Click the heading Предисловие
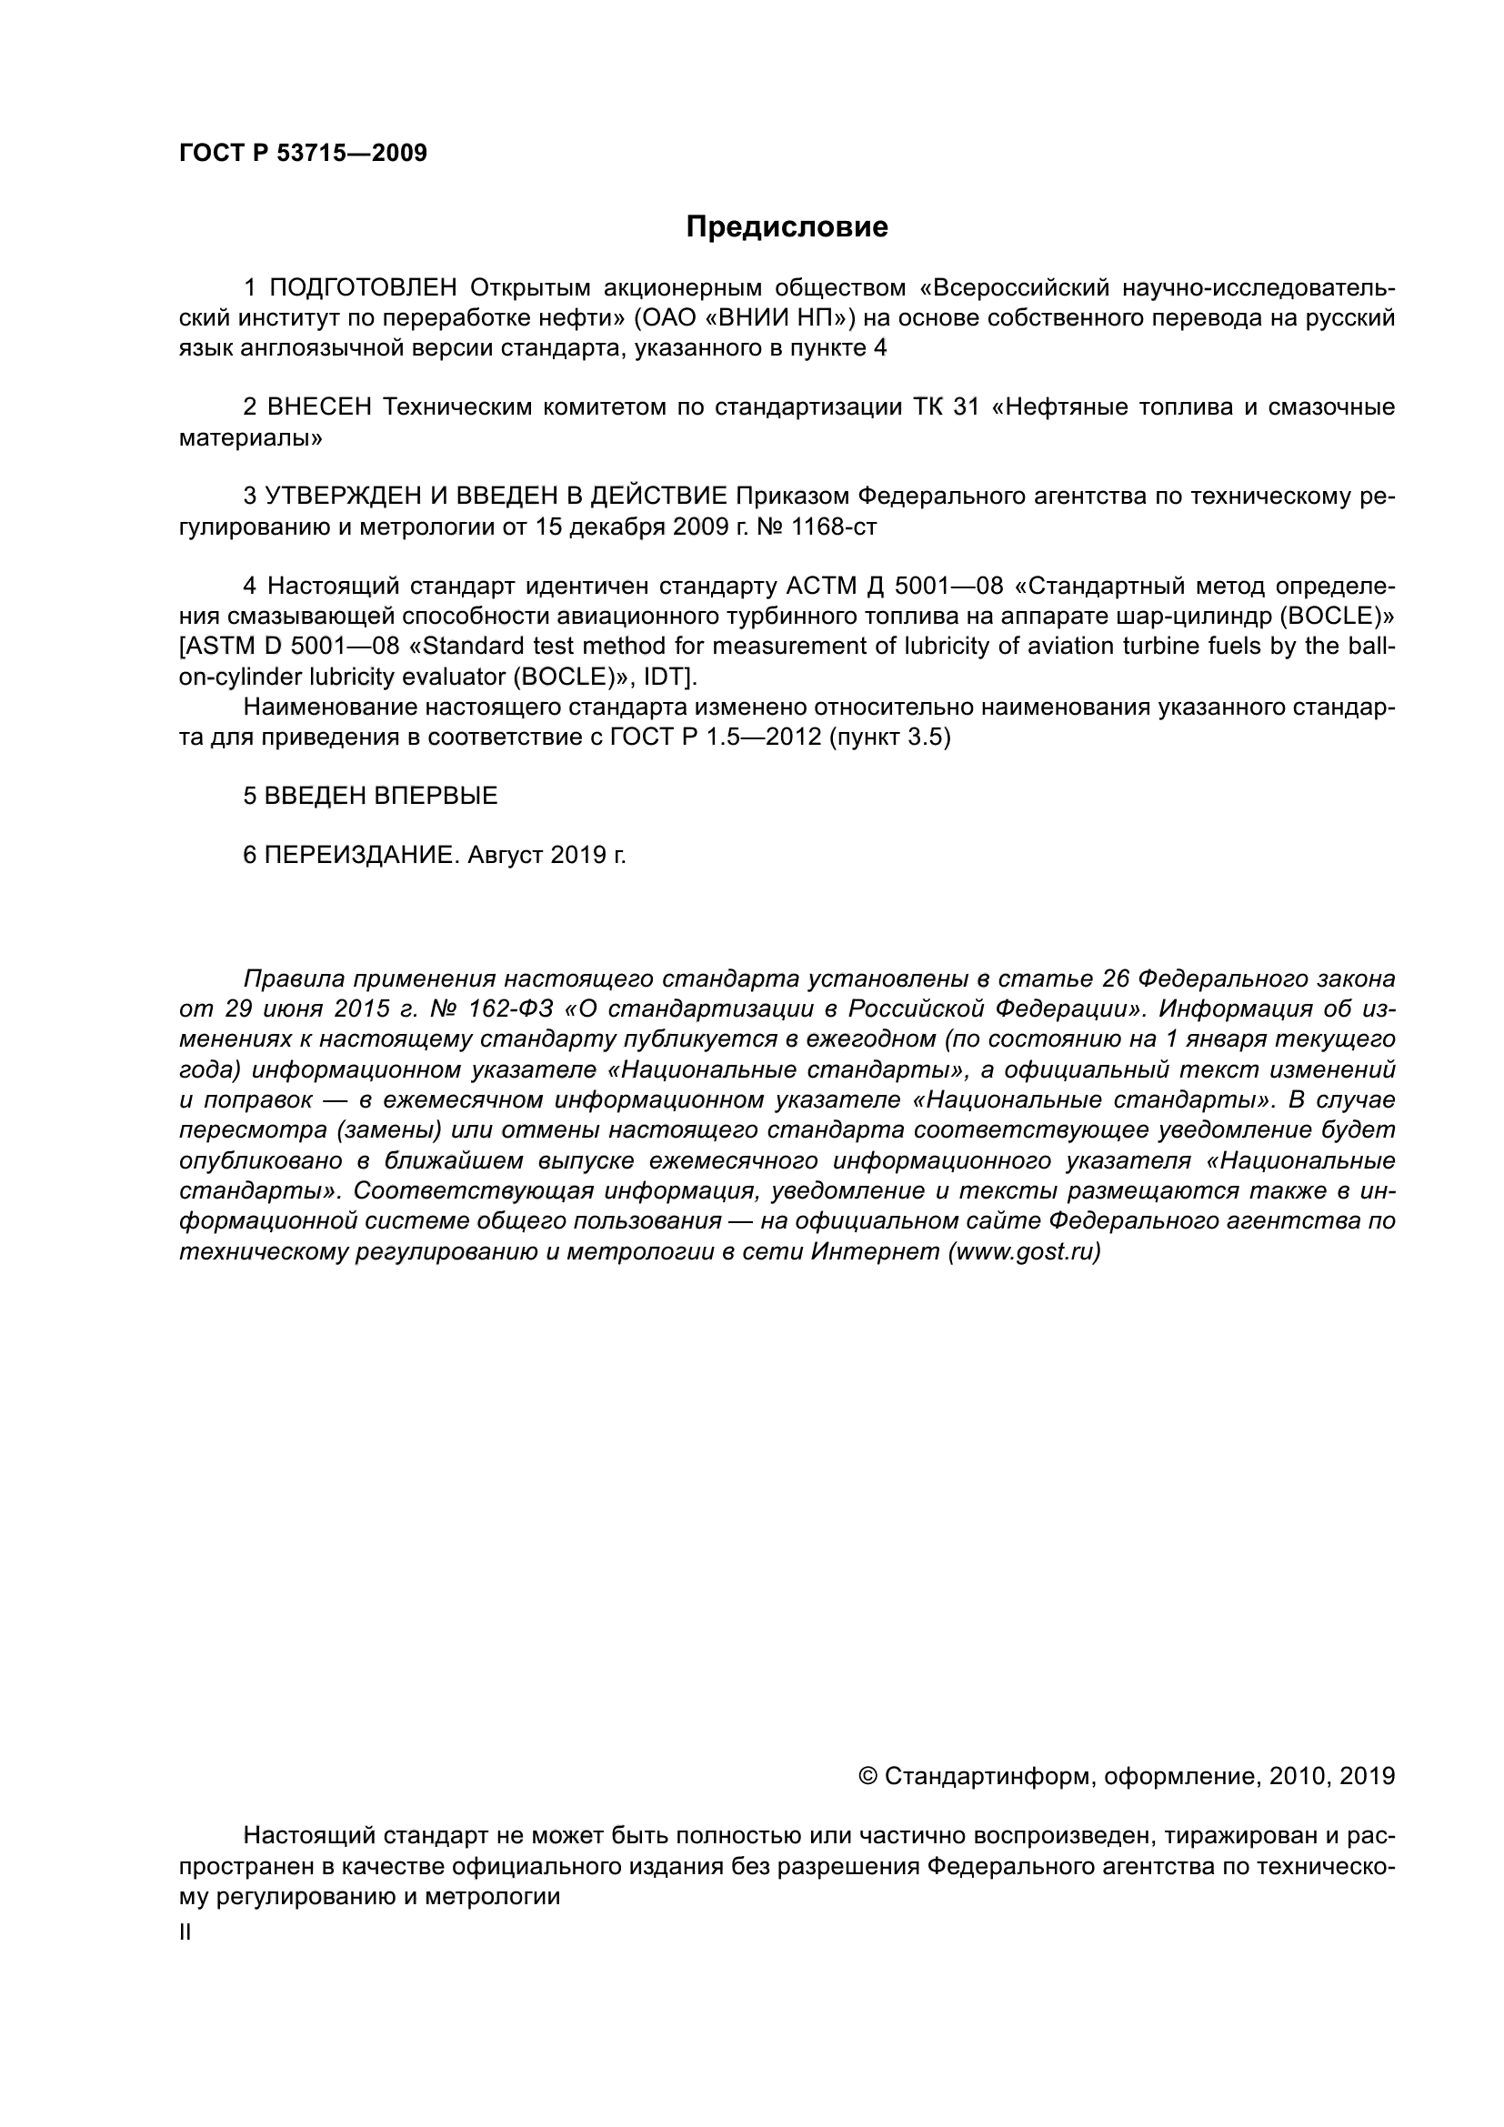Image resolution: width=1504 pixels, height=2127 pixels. click(x=787, y=227)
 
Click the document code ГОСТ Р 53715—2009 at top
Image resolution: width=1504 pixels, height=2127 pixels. click(x=303, y=154)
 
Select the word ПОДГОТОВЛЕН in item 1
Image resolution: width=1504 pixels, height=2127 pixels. click(x=363, y=288)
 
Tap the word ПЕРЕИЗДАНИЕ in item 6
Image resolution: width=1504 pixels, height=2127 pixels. click(x=360, y=855)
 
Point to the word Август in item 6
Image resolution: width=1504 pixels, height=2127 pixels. click(x=506, y=855)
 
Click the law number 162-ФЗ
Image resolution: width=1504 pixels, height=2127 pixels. click(x=507, y=1008)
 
